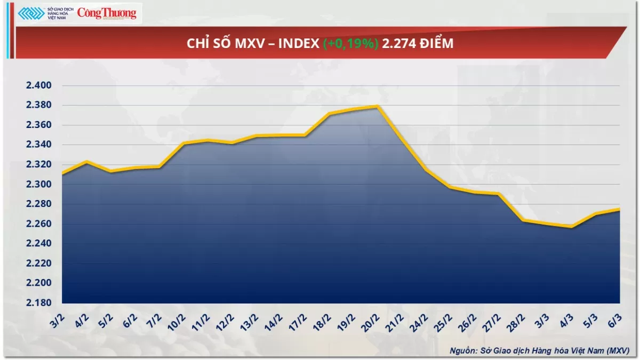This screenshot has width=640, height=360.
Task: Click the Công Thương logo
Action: pos(107,13)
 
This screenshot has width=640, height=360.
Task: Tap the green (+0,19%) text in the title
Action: pos(351,44)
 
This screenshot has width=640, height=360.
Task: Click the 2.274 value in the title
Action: pos(397,44)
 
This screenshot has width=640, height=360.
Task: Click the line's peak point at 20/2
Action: pos(377,106)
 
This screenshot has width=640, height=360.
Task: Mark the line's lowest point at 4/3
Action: pos(571,227)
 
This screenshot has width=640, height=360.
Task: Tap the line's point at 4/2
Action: pos(86,162)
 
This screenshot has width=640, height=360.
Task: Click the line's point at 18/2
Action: pos(329,114)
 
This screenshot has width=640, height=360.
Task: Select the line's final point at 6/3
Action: pos(619,209)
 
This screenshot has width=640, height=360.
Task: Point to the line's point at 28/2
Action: pos(523,220)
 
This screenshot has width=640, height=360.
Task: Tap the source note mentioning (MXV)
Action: pos(539,350)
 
